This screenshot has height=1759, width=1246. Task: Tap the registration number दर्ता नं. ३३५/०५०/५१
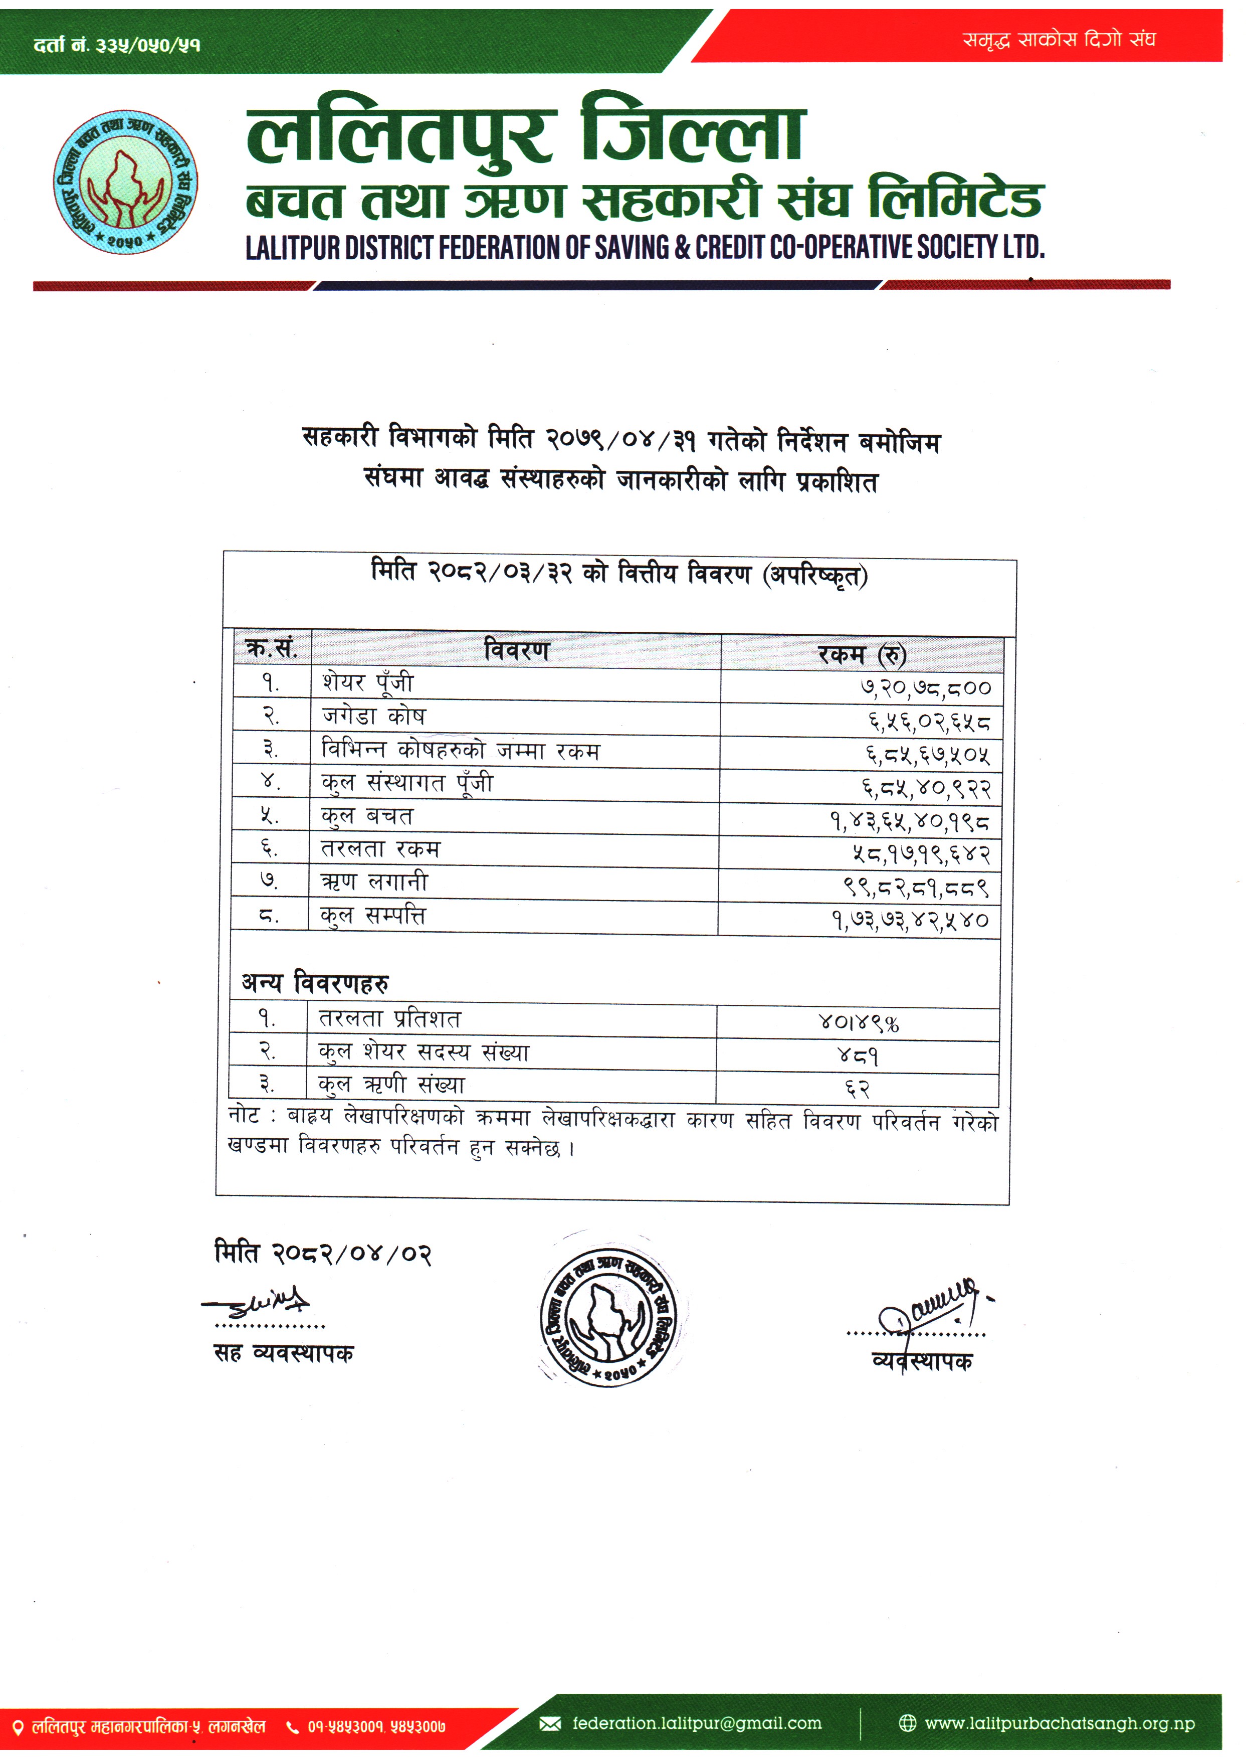pos(117,45)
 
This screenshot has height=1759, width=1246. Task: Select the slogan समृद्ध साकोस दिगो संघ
pos(1059,39)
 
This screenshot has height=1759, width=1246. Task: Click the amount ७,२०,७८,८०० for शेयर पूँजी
pos(925,687)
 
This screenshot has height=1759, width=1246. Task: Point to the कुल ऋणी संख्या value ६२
pos(858,1088)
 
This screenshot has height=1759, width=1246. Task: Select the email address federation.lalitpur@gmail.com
pos(696,1723)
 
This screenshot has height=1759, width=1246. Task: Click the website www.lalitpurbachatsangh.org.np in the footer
pos(1059,1723)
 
